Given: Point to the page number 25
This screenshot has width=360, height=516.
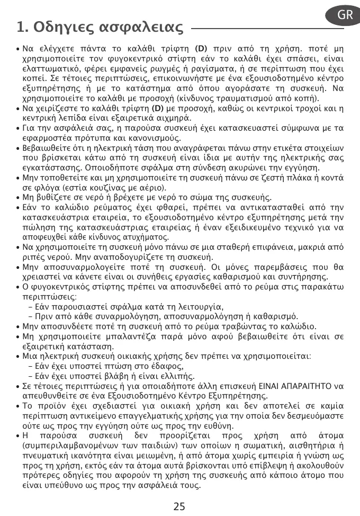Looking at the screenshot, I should [x=179, y=506].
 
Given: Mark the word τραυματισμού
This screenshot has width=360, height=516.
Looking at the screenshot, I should [x=253, y=98].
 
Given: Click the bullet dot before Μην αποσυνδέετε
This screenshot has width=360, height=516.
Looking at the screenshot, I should [x=19, y=326].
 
